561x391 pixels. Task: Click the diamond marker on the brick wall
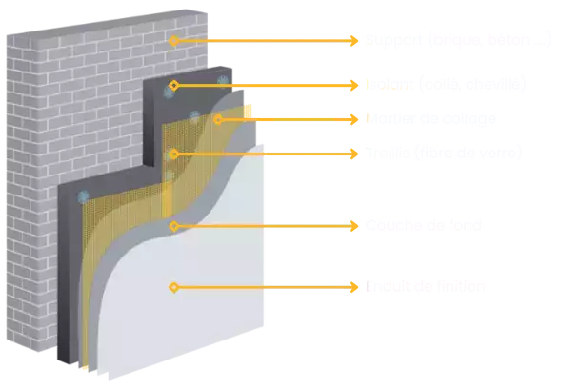pyautogui.click(x=173, y=41)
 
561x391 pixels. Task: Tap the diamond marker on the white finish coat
pyautogui.click(x=173, y=286)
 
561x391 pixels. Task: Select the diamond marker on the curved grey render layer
pyautogui.click(x=173, y=226)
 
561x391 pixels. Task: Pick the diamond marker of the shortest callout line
pyautogui.click(x=218, y=119)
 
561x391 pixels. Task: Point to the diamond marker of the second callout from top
pyautogui.click(x=173, y=85)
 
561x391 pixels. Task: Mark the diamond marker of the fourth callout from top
pyautogui.click(x=173, y=153)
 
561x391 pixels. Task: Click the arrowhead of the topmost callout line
pyautogui.click(x=356, y=41)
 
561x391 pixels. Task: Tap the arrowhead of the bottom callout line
pyautogui.click(x=356, y=286)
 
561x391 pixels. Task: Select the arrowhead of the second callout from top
pyautogui.click(x=356, y=85)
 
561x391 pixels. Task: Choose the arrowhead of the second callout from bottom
pyautogui.click(x=356, y=226)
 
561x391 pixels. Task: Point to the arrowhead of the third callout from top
pyautogui.click(x=356, y=119)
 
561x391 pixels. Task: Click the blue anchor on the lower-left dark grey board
pyautogui.click(x=83, y=196)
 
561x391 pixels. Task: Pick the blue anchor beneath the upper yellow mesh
pyautogui.click(x=194, y=117)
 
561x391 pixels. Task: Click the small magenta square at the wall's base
pyautogui.click(x=65, y=369)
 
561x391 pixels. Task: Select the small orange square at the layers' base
pyautogui.click(x=86, y=368)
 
